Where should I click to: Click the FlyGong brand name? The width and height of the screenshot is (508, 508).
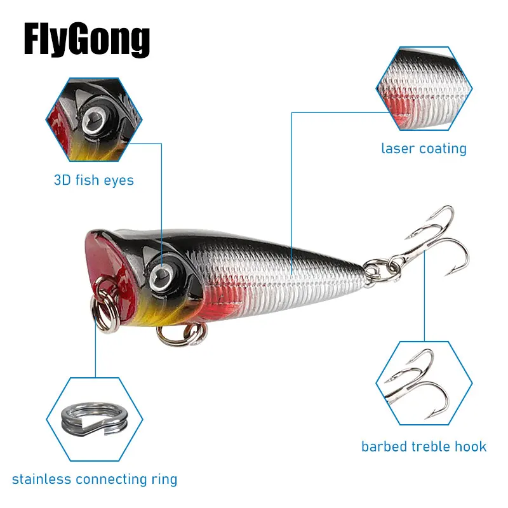pyautogui.click(x=86, y=39)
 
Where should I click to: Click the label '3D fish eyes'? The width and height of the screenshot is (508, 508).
pyautogui.click(x=93, y=180)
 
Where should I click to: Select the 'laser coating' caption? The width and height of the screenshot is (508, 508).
pyautogui.click(x=424, y=149)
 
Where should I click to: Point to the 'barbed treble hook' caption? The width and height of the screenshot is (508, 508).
pyautogui.click(x=424, y=446)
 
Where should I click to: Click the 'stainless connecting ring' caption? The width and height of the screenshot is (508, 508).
pyautogui.click(x=95, y=479)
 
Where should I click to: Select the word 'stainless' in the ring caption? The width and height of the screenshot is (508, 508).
pyautogui.click(x=41, y=479)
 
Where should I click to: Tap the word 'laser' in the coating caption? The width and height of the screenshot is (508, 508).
pyautogui.click(x=398, y=149)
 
